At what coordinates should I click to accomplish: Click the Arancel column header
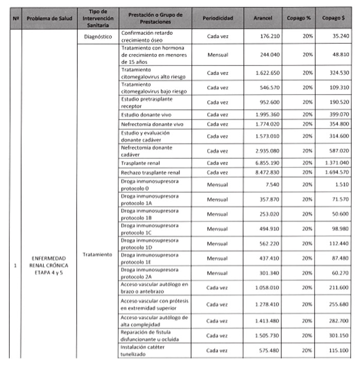[263, 18]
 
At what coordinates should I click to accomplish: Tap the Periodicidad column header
[218, 18]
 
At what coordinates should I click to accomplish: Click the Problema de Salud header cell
[50, 18]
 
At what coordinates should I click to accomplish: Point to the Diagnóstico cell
[97, 36]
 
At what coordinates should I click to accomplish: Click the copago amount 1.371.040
[336, 163]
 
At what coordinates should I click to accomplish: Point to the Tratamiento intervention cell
[97, 255]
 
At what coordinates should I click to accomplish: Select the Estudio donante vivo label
[145, 114]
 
